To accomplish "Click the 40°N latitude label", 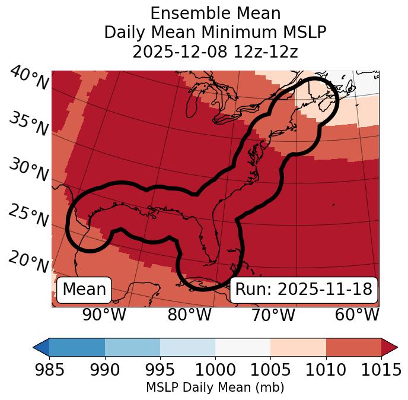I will (x=29, y=78).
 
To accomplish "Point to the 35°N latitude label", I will (x=29, y=124).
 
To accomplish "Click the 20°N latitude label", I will (x=29, y=262).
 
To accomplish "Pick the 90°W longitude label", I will (x=104, y=315).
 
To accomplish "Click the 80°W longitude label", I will (x=189, y=315).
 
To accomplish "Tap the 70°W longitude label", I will (x=273, y=315).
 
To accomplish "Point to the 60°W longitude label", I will (x=357, y=315).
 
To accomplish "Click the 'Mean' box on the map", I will (x=84, y=290).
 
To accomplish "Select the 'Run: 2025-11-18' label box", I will (x=304, y=290).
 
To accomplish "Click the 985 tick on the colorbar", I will (x=49, y=370).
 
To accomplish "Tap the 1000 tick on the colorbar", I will (x=215, y=370).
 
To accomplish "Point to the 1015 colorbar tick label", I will (x=381, y=370).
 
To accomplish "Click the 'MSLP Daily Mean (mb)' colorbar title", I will (x=215, y=388).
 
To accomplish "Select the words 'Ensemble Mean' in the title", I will (x=215, y=13).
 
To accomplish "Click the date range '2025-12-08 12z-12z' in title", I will (x=215, y=52).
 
